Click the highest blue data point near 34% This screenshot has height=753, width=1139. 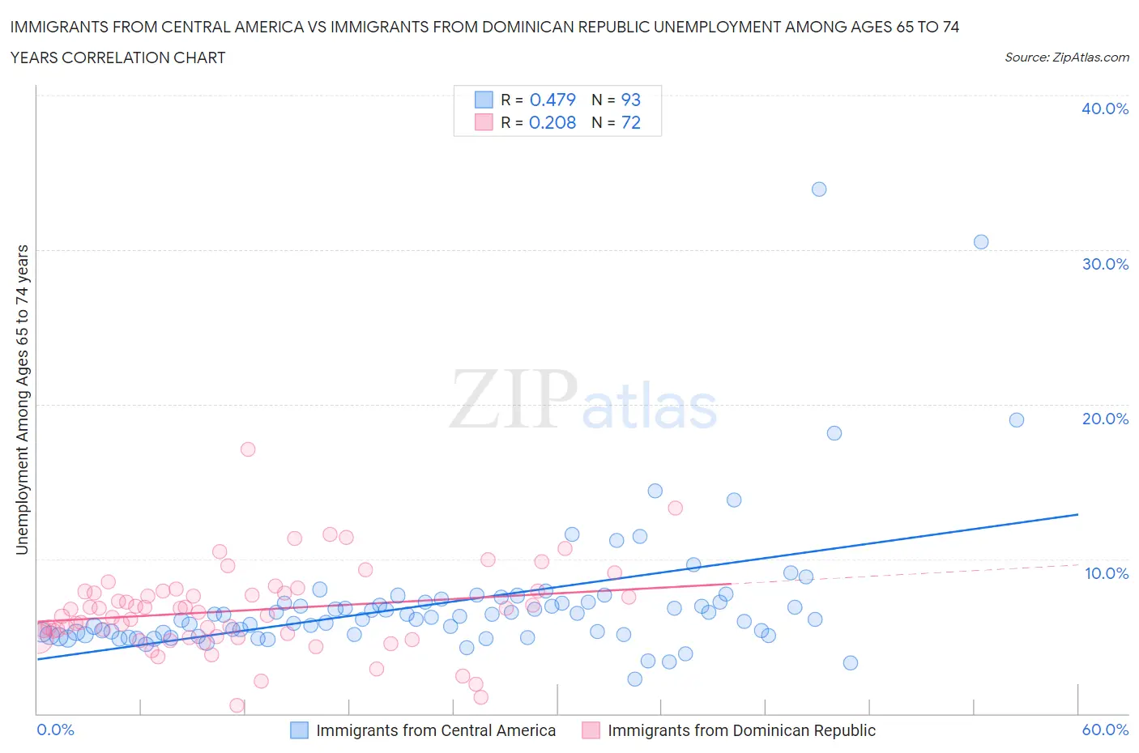click(819, 189)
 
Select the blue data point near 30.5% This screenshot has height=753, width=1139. click(981, 242)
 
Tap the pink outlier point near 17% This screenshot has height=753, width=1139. click(248, 449)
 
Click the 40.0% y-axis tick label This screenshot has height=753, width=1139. click(1105, 108)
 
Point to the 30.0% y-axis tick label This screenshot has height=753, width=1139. click(1105, 264)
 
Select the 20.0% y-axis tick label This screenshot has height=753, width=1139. click(1105, 419)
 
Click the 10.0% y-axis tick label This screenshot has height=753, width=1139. click(1107, 573)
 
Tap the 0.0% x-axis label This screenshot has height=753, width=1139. click(55, 730)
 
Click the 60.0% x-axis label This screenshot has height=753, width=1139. click(1105, 730)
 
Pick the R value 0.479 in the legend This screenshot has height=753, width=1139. click(552, 100)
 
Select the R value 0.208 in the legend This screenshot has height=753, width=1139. click(552, 122)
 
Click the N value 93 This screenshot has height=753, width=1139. click(630, 100)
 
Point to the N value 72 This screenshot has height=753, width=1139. click(630, 122)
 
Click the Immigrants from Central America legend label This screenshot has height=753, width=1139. click(436, 730)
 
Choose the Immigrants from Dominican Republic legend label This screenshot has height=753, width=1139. click(741, 730)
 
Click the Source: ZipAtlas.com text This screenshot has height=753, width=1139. click(1066, 57)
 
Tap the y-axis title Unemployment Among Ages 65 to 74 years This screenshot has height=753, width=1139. click(23, 400)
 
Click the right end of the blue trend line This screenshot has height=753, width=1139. click(1077, 514)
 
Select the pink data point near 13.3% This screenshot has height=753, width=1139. click(675, 508)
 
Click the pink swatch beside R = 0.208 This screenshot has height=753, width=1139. click(484, 122)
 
